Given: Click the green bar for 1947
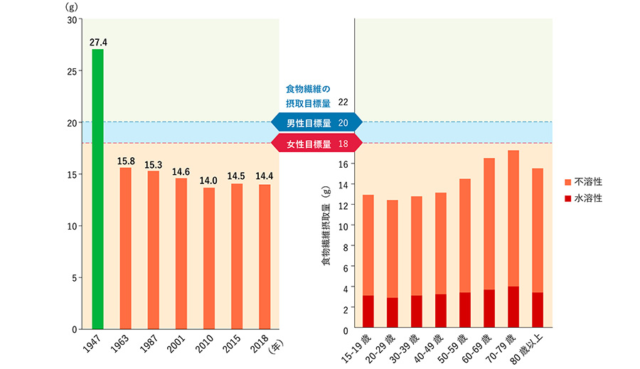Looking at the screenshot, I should [x=97, y=188].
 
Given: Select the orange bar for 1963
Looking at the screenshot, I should [x=125, y=248].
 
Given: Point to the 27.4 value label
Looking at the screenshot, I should [x=98, y=43].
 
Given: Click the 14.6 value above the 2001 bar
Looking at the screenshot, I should [x=181, y=171].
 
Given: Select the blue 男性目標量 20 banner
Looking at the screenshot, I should [x=317, y=122].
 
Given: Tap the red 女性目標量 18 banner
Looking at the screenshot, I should [x=317, y=144].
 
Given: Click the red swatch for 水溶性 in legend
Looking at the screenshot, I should [x=568, y=198].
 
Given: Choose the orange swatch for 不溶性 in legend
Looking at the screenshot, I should [x=568, y=182].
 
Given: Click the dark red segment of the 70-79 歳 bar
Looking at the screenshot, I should [x=513, y=308].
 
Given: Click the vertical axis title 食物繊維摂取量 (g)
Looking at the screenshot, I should [x=326, y=225].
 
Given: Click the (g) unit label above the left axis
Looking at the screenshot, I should [x=71, y=6].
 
